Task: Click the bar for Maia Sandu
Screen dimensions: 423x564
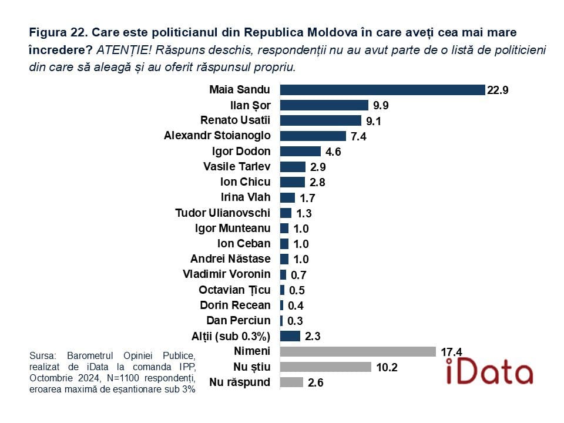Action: pyautogui.click(x=382, y=90)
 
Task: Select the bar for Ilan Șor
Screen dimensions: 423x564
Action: pyautogui.click(x=324, y=105)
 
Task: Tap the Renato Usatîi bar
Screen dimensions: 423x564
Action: pyautogui.click(x=320, y=120)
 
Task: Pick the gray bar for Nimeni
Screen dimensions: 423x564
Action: pyautogui.click(x=358, y=351)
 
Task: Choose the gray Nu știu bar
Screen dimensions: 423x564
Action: pyautogui.click(x=325, y=367)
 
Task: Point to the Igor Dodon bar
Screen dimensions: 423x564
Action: pyautogui.click(x=300, y=151)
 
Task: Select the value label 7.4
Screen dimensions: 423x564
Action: pyautogui.click(x=358, y=136)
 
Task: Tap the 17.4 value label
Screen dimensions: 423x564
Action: pyautogui.click(x=451, y=352)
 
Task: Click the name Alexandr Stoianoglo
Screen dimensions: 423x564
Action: pyautogui.click(x=217, y=136)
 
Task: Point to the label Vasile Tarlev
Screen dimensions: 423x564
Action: pyautogui.click(x=237, y=166)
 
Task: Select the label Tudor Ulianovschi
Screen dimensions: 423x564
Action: pyautogui.click(x=223, y=212)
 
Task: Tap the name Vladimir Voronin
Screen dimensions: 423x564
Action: pyautogui.click(x=227, y=274)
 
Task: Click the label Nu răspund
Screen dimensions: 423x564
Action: pyautogui.click(x=240, y=382)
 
